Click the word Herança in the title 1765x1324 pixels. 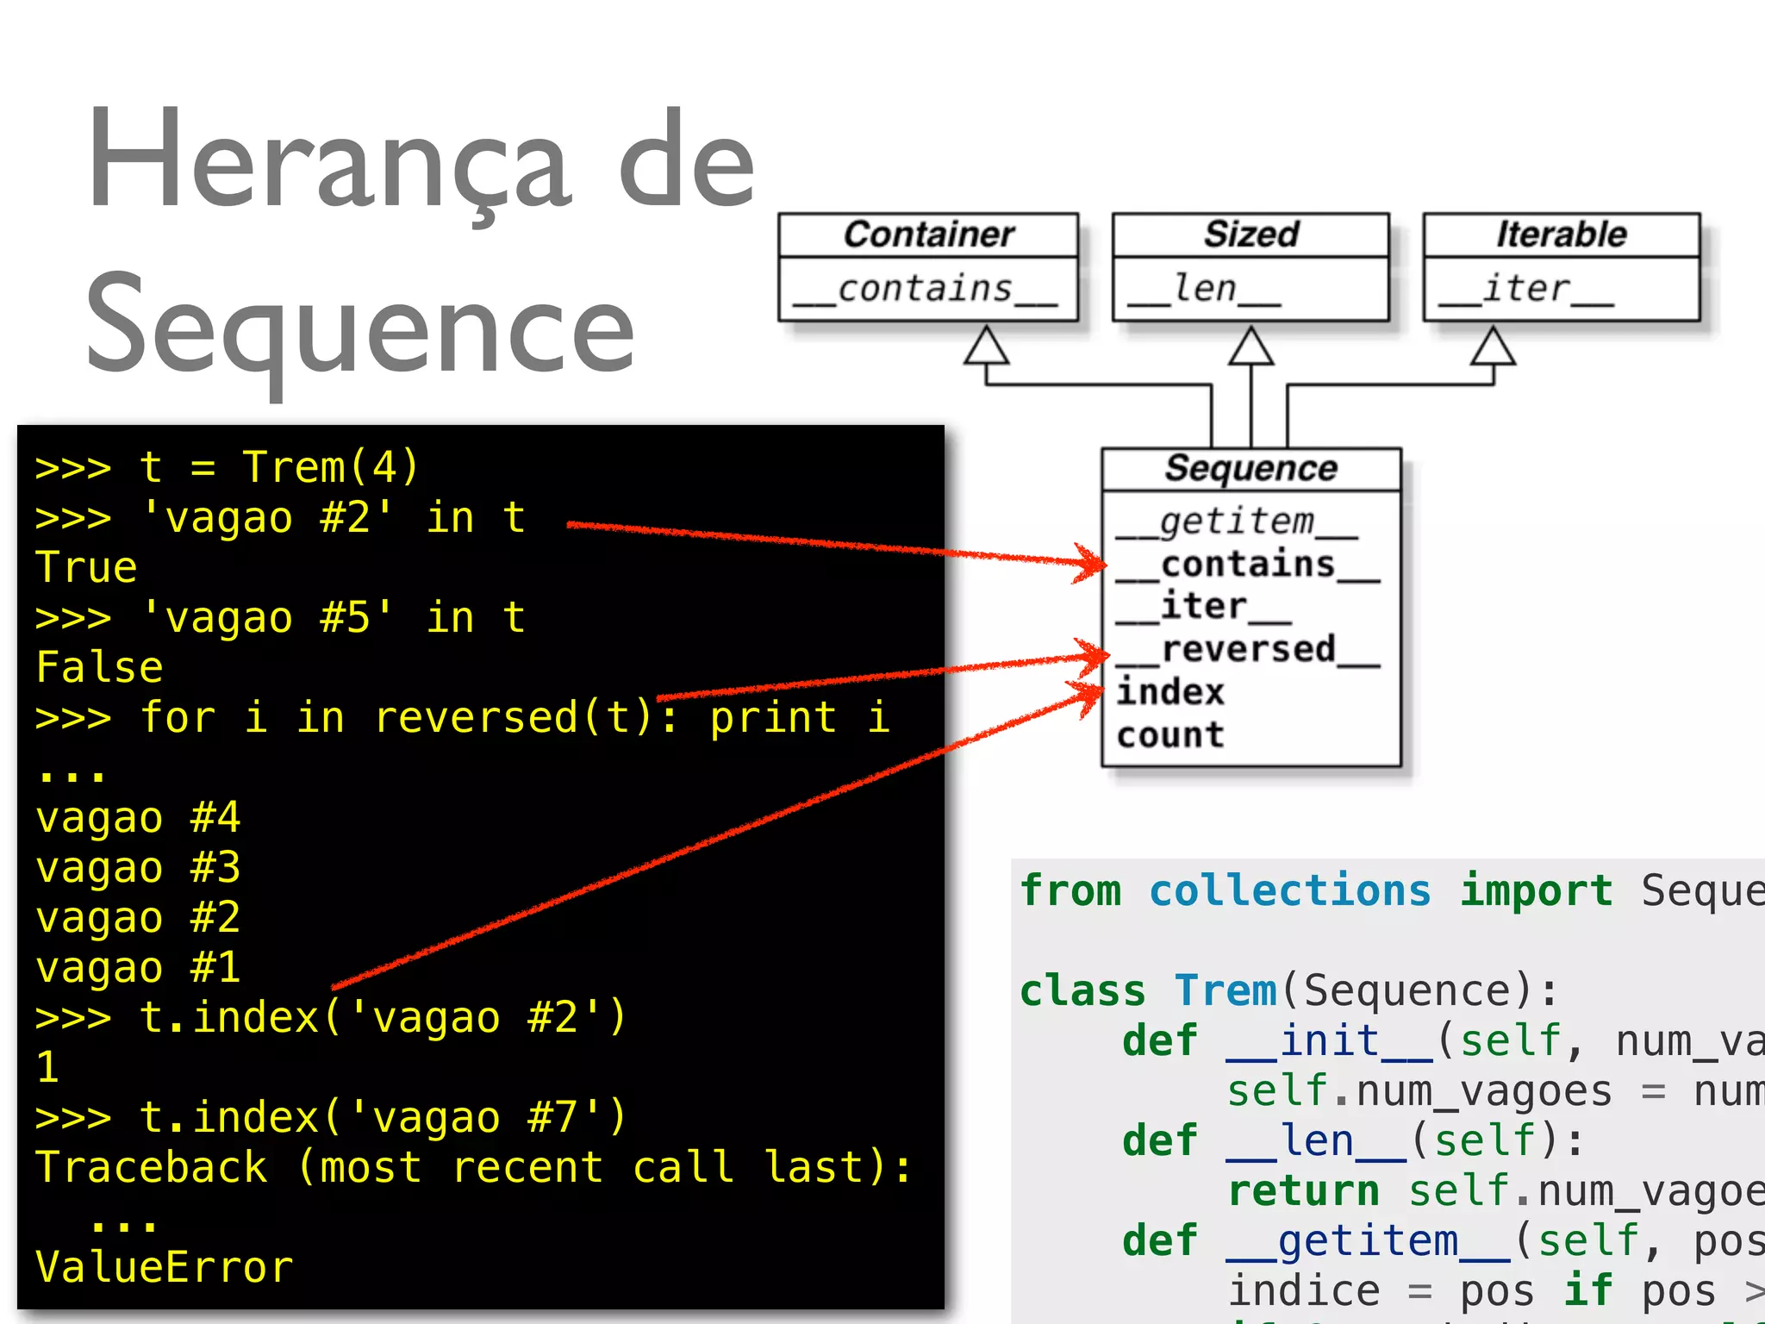327,164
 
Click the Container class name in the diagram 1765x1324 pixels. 928,234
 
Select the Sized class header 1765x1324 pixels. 1250,234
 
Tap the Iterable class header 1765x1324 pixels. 1561,234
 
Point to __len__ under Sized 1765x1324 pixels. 1205,289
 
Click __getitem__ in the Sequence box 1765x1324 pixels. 1237,521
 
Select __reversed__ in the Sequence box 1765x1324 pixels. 1248,650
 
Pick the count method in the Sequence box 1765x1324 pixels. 1169,735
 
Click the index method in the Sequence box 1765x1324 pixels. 1169,692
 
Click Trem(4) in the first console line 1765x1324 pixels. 330,467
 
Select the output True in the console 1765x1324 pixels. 86,567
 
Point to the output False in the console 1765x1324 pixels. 99,667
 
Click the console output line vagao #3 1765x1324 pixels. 138,867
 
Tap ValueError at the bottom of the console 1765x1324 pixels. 164,1267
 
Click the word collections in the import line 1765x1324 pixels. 1290,890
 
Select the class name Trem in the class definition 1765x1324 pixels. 1225,990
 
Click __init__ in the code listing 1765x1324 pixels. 1330,1040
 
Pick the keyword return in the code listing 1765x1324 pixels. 1304,1190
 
